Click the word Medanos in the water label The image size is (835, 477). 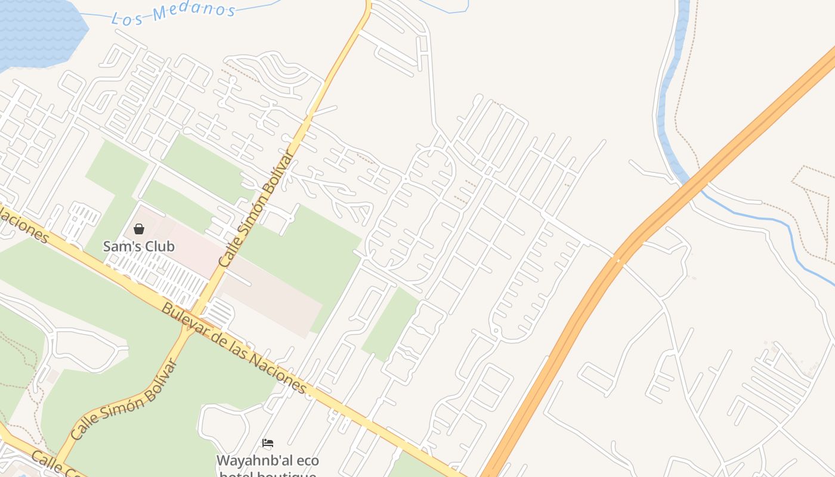(x=194, y=11)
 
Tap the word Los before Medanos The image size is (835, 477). (x=128, y=18)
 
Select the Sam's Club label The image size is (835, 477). (x=139, y=246)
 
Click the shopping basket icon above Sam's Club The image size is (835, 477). (x=139, y=229)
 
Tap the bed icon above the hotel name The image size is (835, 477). (x=268, y=443)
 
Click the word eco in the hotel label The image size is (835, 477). (x=302, y=461)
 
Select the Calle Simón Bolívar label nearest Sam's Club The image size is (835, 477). (x=257, y=209)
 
